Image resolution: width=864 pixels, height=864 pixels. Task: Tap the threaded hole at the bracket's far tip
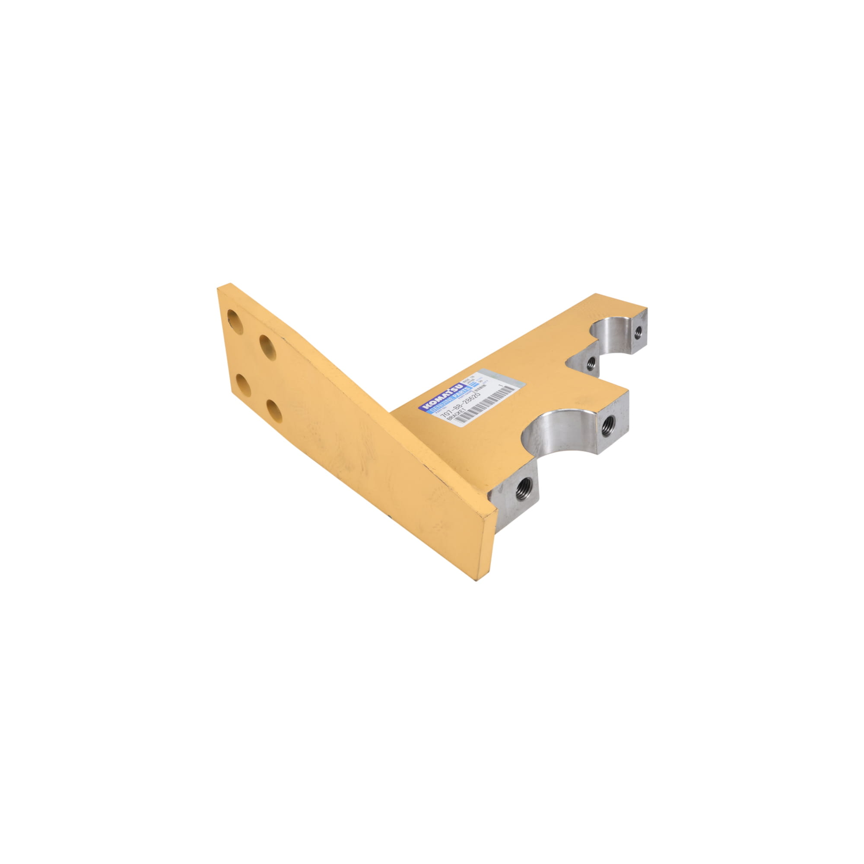click(x=638, y=331)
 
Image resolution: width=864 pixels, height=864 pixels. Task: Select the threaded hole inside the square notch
click(x=591, y=363)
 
